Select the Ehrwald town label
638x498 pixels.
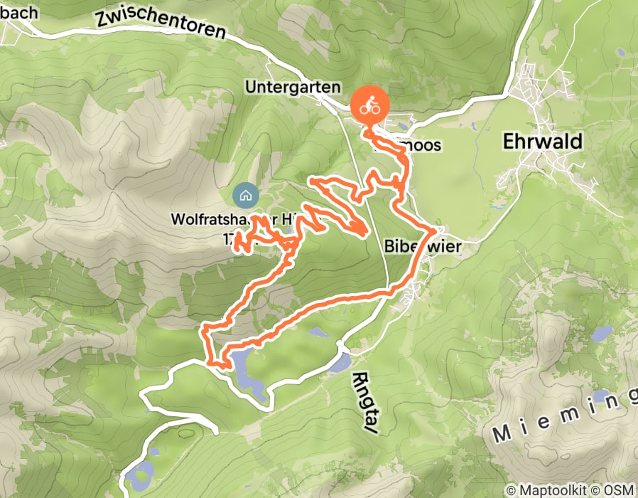point(542,141)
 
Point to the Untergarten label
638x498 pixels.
point(293,87)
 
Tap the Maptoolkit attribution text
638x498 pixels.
point(548,490)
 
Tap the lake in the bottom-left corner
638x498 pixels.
point(140,471)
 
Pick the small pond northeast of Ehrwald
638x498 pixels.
point(622,53)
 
